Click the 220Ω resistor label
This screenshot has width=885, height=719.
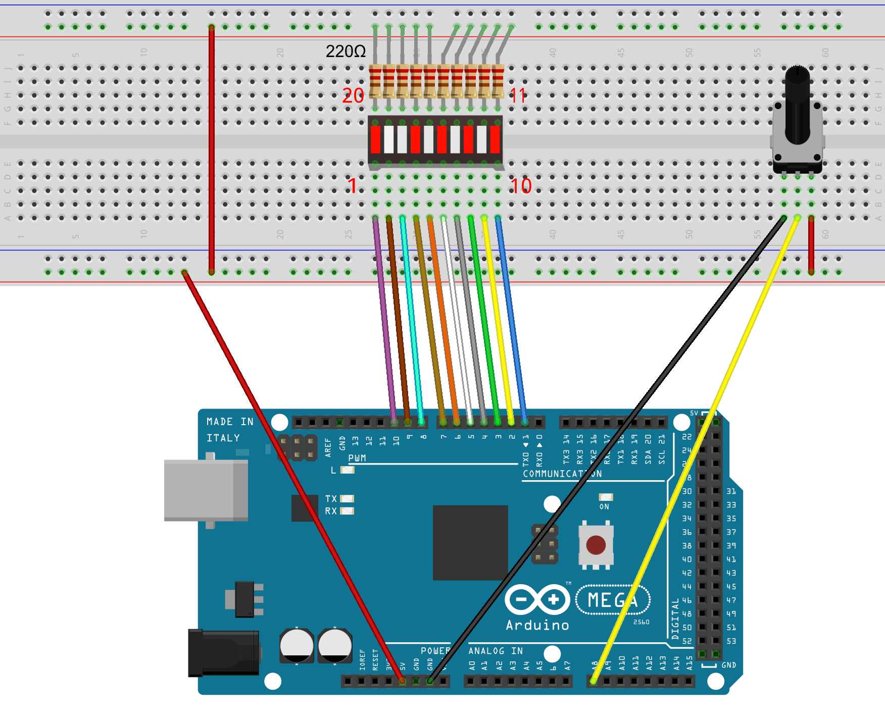coord(346,52)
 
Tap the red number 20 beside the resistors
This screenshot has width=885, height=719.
coord(353,95)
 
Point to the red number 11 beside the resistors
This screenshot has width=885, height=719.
coord(518,95)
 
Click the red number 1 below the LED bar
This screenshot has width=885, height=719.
coord(352,186)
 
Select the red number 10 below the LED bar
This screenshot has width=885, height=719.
coord(520,186)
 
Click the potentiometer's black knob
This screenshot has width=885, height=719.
coord(797,106)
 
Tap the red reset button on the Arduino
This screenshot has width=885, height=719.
coord(596,545)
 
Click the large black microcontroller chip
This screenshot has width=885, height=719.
coord(470,542)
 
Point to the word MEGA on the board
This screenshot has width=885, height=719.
coord(613,600)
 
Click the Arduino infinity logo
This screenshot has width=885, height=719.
coord(537,600)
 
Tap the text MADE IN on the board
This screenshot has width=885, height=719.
coord(230,422)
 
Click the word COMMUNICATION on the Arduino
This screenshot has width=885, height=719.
coord(562,474)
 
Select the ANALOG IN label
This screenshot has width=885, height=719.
coord(496,651)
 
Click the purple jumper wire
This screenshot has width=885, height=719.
coord(384,318)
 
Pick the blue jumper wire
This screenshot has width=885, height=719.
coord(511,318)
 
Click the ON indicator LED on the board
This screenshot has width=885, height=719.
coord(606,497)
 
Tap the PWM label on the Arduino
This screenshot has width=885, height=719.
coord(357,458)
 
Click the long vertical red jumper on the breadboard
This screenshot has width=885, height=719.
coord(212,149)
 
